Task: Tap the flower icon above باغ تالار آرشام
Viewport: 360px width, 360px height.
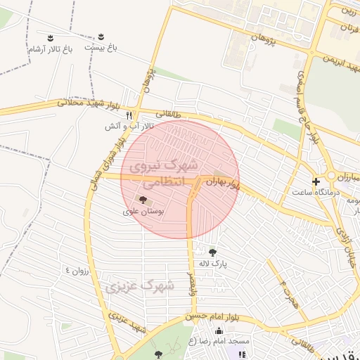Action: (51, 37)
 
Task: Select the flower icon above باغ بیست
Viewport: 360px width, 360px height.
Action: (101, 35)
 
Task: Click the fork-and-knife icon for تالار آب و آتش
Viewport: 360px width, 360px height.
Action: (129, 115)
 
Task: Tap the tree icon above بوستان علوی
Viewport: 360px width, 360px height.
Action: (144, 200)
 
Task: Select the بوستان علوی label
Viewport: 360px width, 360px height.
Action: (143, 210)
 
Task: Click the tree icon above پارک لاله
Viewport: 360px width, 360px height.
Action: (213, 252)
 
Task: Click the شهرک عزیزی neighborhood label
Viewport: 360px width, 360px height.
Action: (139, 285)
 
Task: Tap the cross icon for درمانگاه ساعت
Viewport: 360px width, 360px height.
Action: (316, 181)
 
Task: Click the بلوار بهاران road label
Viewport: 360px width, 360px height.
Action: (223, 184)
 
